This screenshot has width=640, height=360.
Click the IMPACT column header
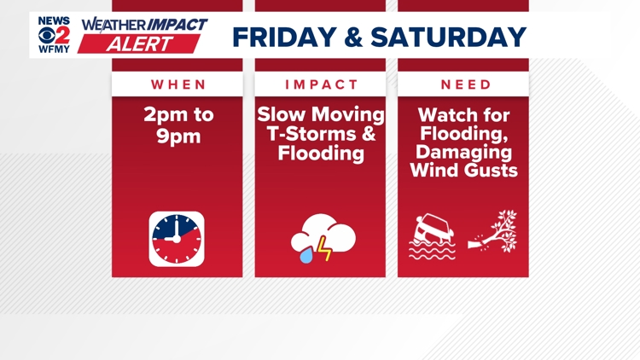point(320,84)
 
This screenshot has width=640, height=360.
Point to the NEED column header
point(463,84)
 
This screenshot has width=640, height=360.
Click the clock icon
point(177,239)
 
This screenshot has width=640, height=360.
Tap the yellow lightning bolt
point(325,248)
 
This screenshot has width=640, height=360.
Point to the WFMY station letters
point(55,49)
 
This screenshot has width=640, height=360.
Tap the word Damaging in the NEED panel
point(463,151)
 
